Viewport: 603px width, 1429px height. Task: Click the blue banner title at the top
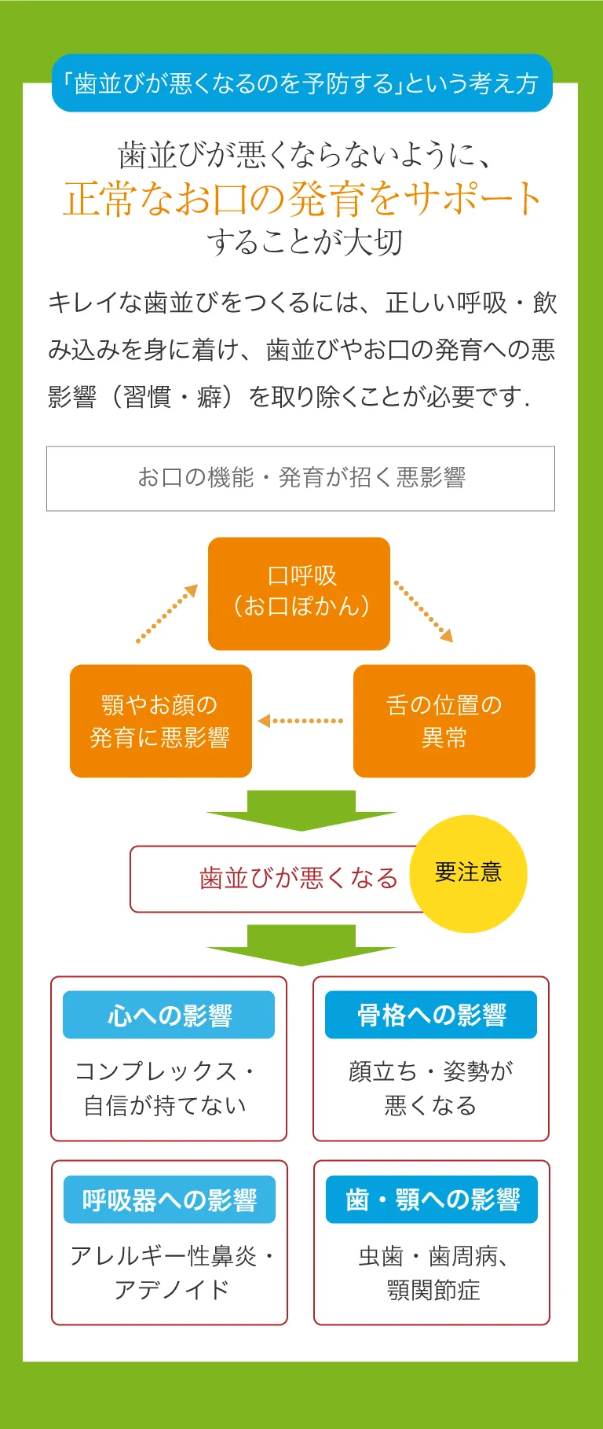click(302, 83)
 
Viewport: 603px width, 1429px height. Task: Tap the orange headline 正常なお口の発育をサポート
click(302, 198)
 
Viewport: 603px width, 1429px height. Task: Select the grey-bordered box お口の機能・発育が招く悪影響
click(301, 478)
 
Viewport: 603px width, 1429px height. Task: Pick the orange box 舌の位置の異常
click(444, 721)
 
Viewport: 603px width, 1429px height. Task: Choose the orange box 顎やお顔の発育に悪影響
click(161, 721)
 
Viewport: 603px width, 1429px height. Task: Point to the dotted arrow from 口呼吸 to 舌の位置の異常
click(423, 612)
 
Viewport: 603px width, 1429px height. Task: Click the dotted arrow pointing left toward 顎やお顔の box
click(301, 721)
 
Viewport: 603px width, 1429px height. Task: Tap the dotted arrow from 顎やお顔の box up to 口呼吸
click(167, 613)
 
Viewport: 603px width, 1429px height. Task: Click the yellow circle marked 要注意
click(469, 873)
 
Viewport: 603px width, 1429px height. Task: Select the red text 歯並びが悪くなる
click(298, 878)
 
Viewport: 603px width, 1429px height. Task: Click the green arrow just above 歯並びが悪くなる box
click(301, 810)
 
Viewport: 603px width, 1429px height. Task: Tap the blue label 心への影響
click(169, 1015)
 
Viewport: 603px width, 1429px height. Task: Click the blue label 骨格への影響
click(431, 1015)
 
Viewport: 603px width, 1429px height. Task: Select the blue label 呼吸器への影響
click(170, 1199)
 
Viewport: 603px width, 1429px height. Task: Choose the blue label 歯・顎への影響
click(432, 1199)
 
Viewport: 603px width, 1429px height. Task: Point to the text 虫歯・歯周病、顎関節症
click(433, 1273)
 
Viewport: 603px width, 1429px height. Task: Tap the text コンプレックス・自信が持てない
click(165, 1088)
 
